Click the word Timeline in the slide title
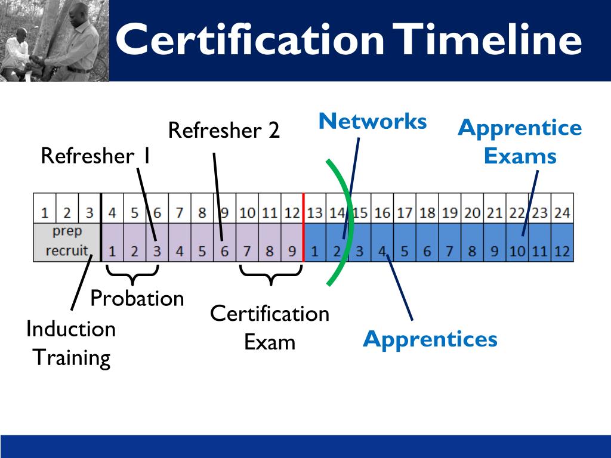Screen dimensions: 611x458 (x=490, y=41)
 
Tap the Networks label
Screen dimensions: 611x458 (x=373, y=122)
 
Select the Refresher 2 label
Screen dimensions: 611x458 (x=224, y=130)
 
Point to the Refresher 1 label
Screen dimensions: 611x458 (x=95, y=156)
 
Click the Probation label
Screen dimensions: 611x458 (x=137, y=298)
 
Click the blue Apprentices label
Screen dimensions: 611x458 (x=430, y=339)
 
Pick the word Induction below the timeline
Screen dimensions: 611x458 (x=71, y=329)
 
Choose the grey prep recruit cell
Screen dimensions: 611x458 (x=67, y=242)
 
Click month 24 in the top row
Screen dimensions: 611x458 (x=562, y=212)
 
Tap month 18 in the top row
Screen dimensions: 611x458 (x=427, y=212)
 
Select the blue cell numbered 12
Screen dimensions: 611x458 (x=562, y=251)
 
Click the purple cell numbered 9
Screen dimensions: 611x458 (x=292, y=251)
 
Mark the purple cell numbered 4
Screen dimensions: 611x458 (x=179, y=251)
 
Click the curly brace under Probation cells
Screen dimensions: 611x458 (x=132, y=274)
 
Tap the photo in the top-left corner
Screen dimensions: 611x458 (x=54, y=41)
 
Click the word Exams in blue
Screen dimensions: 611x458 (x=520, y=156)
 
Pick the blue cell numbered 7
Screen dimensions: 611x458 (x=450, y=251)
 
